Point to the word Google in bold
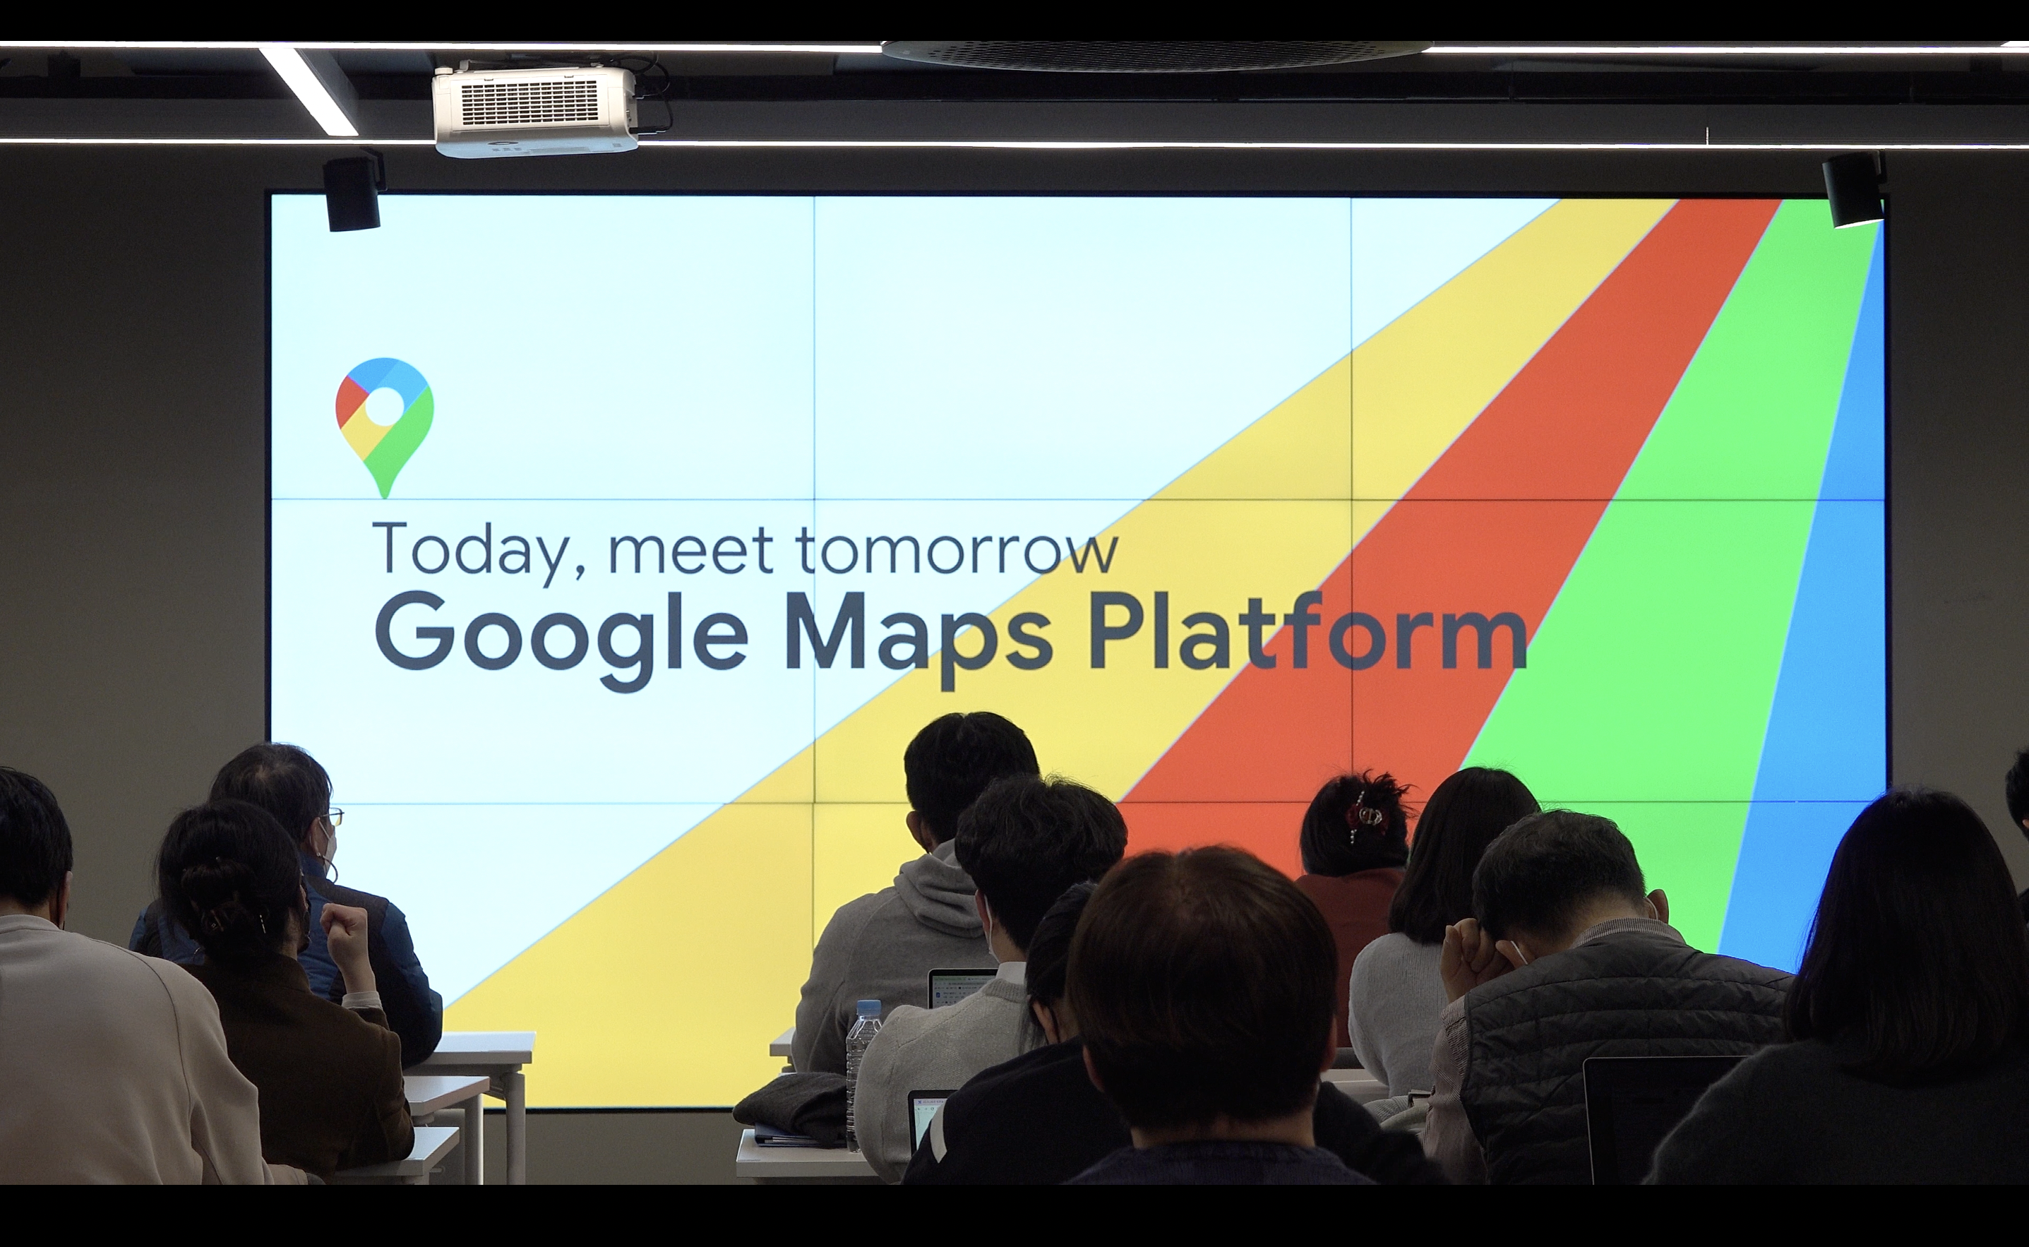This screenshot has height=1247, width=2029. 561,642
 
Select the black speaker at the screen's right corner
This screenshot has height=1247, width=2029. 1854,190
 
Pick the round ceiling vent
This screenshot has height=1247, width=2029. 1156,52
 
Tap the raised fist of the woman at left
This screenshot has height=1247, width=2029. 345,929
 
